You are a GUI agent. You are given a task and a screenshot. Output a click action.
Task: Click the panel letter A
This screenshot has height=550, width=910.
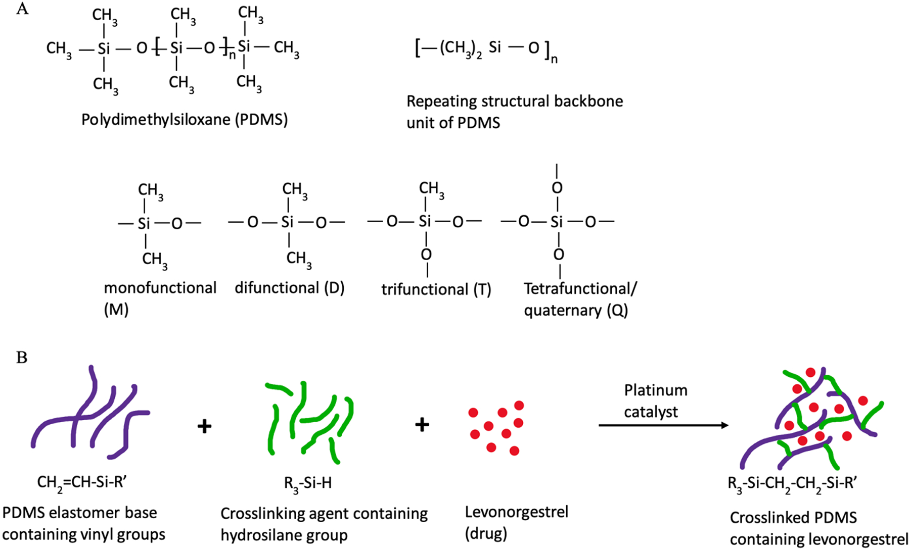pos(22,9)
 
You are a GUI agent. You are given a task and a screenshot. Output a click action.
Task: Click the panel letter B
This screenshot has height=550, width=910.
pos(22,358)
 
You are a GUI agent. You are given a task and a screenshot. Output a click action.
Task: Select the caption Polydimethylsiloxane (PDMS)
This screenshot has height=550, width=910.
pos(185,120)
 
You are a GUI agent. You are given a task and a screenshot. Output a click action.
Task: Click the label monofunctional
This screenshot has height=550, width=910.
pos(160,288)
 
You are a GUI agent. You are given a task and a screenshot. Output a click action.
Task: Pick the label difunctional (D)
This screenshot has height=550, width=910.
pos(289,288)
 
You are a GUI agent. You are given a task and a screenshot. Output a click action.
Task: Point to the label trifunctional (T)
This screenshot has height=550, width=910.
pos(436,289)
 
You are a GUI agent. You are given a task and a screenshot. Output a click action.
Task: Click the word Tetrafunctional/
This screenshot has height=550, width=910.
pos(580,289)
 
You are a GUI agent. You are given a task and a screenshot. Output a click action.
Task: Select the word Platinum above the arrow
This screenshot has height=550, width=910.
pos(655,390)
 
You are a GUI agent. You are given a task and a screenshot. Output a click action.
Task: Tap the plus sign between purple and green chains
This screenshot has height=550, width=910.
pos(204,426)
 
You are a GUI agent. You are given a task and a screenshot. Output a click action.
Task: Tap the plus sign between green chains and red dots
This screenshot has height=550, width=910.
pos(422,425)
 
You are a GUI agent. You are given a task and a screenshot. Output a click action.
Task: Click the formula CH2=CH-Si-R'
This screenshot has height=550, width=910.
pos(81,483)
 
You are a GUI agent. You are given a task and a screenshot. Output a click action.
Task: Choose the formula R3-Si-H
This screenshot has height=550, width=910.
pos(307,483)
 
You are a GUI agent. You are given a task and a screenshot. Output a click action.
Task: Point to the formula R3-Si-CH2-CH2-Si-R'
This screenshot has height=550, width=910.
pos(792,483)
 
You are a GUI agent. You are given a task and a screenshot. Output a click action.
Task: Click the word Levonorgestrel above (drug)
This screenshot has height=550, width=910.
pos(516,512)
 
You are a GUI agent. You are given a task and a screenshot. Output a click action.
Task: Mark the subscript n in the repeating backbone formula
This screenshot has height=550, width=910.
pos(554,60)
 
